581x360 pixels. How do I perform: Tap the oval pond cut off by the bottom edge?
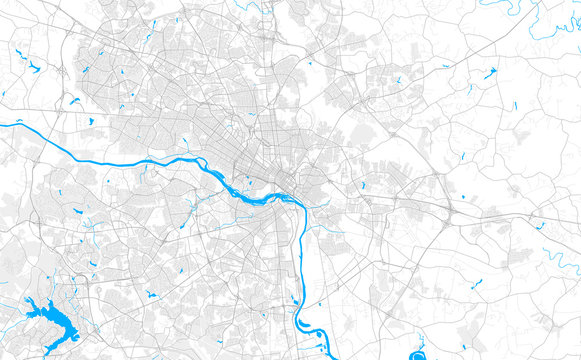[417, 351]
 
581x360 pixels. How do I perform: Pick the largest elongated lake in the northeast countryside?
[489, 73]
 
